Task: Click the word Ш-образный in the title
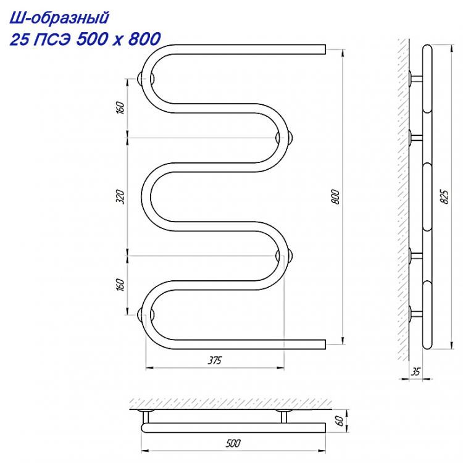click(60, 19)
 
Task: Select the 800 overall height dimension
click(336, 197)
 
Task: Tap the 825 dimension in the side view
click(444, 196)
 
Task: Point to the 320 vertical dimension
click(120, 197)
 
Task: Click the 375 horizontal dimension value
click(215, 361)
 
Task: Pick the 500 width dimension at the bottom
click(233, 443)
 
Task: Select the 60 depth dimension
click(340, 421)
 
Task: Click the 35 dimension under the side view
click(415, 372)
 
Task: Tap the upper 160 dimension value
click(120, 108)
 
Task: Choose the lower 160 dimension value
click(120, 285)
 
